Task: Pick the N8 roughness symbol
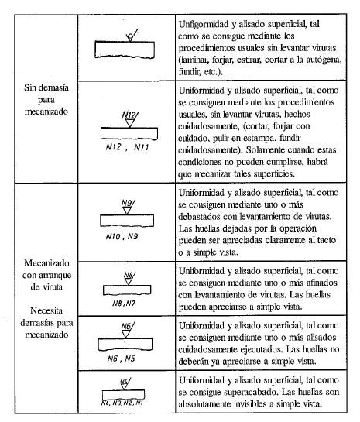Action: (129, 274)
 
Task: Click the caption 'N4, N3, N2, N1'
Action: (126, 403)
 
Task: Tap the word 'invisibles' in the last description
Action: (252, 405)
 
